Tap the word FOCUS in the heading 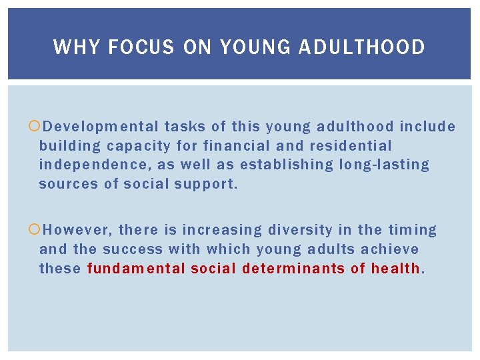(141, 47)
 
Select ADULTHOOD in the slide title (362, 47)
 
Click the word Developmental (101, 127)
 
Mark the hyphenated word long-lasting (384, 164)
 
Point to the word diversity (300, 230)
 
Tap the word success (133, 249)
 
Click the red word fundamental (136, 268)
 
